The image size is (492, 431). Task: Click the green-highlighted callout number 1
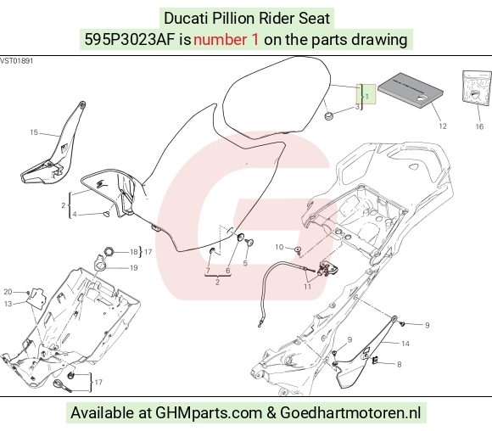click(367, 97)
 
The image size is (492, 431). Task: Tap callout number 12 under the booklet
click(443, 126)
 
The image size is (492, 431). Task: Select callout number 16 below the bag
click(479, 126)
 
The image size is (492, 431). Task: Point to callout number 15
click(34, 132)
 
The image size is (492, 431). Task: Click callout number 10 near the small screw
click(279, 247)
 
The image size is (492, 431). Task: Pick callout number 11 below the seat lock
click(307, 287)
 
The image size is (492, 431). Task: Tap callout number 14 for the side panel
click(405, 344)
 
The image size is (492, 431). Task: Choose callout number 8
click(400, 365)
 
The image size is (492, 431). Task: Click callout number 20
click(8, 292)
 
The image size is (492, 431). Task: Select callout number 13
click(8, 304)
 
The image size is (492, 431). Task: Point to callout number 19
click(134, 268)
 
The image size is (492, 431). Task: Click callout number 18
click(134, 252)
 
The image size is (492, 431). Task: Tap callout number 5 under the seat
click(245, 263)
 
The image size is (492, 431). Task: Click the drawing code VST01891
click(16, 60)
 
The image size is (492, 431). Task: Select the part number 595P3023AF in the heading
click(130, 40)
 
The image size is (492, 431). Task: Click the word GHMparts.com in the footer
click(209, 413)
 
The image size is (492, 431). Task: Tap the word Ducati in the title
click(186, 18)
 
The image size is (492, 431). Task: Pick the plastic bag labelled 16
click(478, 88)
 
